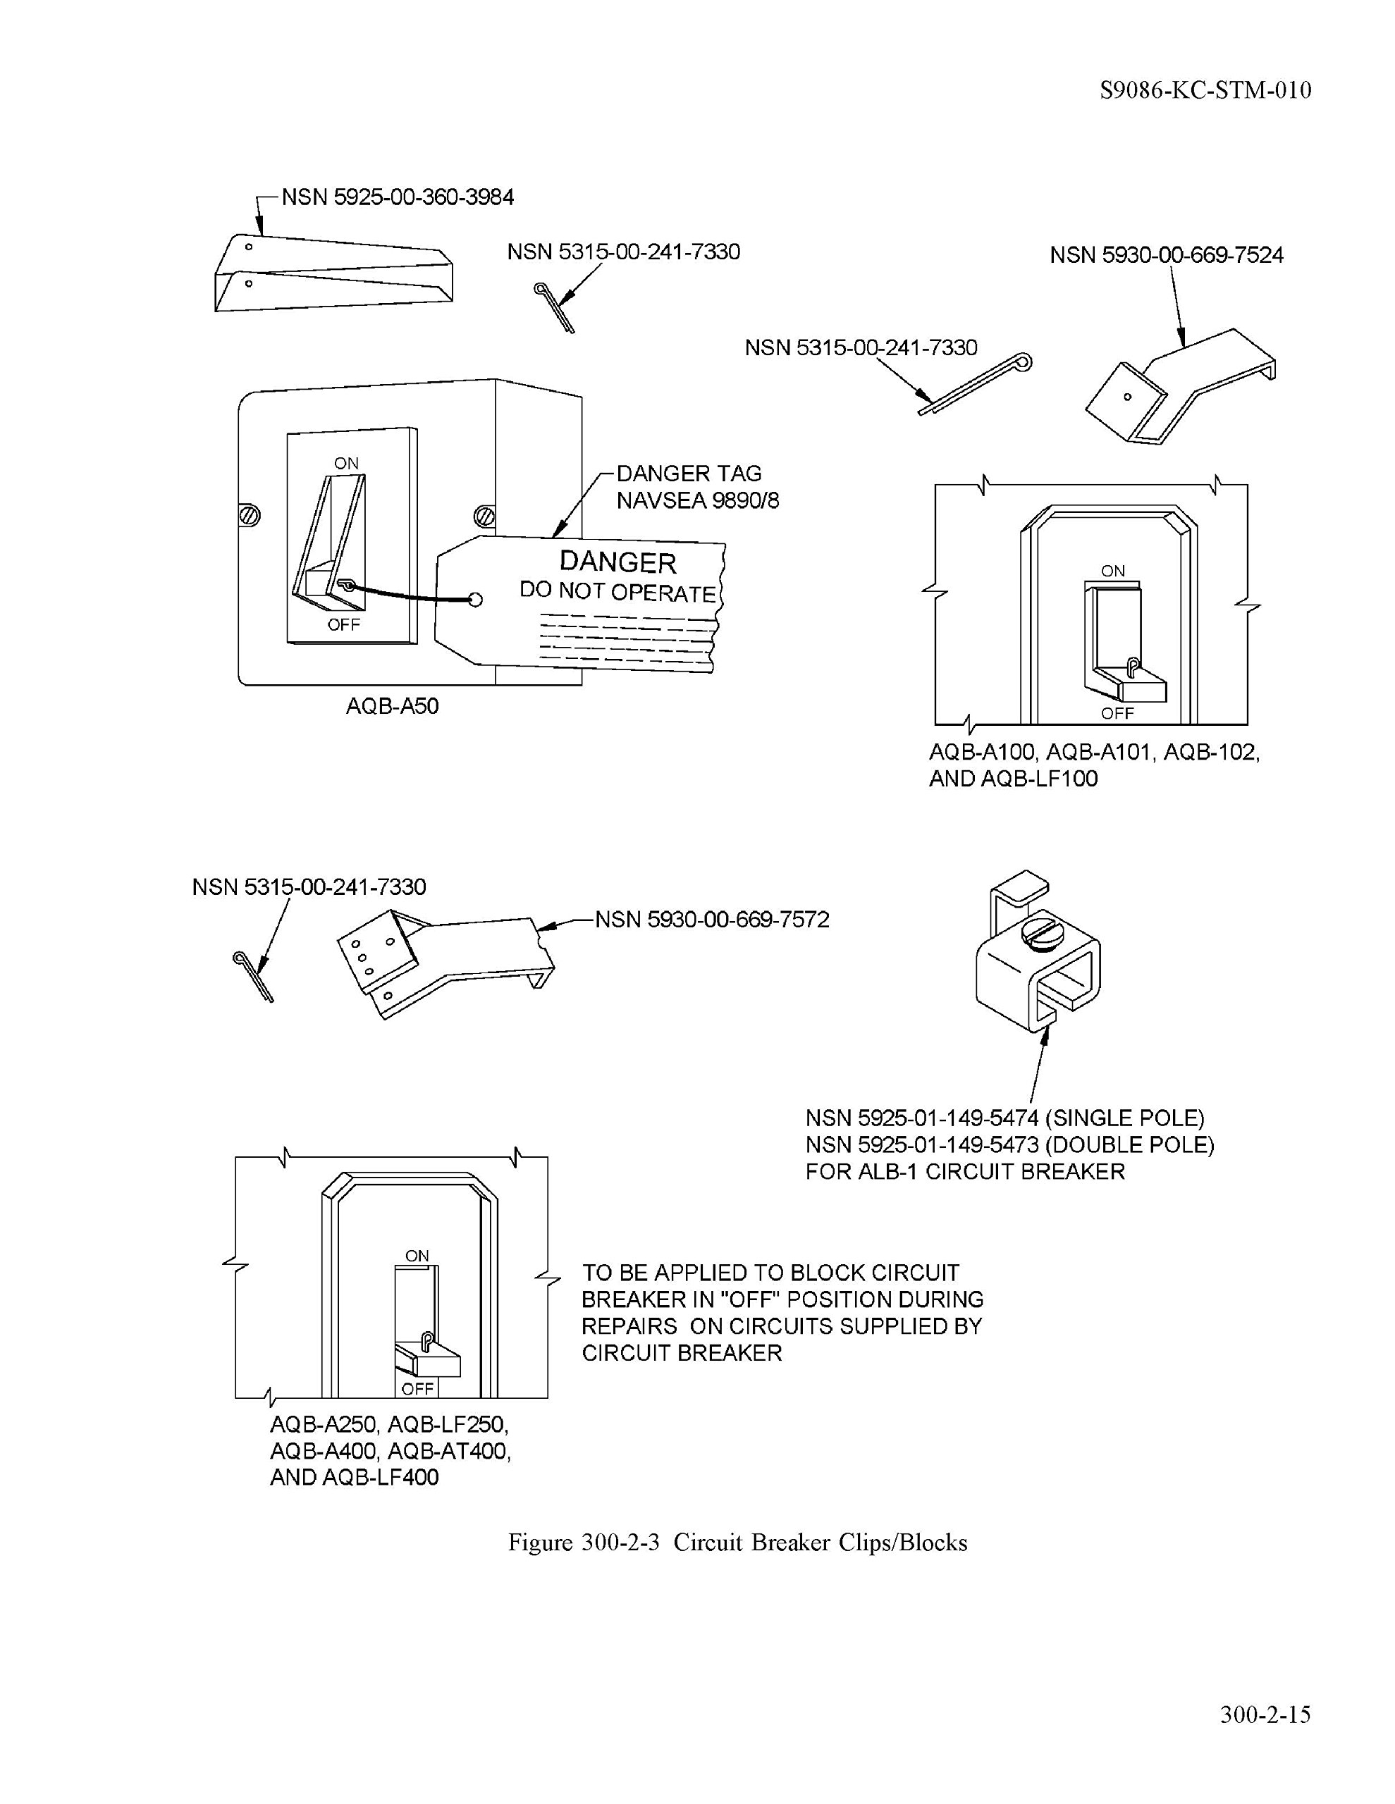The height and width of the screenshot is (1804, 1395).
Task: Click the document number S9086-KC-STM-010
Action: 1205,90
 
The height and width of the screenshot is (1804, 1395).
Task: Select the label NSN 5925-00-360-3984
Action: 398,197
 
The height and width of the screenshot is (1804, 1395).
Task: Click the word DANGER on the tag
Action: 617,562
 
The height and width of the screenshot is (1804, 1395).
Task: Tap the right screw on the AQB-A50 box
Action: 485,517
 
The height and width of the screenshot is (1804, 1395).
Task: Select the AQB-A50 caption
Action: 392,706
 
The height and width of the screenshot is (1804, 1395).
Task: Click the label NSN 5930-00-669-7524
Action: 1166,255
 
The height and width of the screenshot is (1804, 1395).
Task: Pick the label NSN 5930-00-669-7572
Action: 711,920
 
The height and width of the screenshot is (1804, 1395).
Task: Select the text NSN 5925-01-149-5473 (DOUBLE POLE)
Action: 1009,1145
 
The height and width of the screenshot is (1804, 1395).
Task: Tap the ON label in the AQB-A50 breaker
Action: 346,464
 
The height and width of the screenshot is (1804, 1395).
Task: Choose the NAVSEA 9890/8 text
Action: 698,500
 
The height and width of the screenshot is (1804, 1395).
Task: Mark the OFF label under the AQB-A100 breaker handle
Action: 1117,713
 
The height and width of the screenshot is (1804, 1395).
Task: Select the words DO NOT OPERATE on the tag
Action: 617,591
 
